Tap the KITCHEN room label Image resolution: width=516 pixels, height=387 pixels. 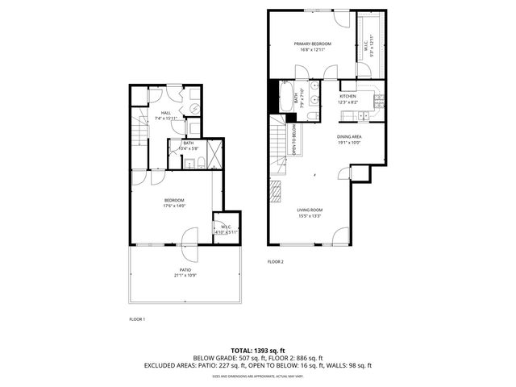click(x=347, y=96)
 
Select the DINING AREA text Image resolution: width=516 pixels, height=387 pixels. click(x=348, y=137)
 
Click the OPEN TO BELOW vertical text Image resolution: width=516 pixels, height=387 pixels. click(x=293, y=138)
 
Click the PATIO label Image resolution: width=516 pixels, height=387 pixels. click(x=185, y=270)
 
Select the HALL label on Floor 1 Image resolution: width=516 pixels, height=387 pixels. click(x=165, y=113)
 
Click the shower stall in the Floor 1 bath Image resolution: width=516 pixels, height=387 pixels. click(x=214, y=152)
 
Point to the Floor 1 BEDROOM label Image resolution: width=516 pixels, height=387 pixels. click(x=174, y=200)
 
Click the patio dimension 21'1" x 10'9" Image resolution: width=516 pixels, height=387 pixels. click(x=185, y=276)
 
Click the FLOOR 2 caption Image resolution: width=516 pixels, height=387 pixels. click(x=276, y=262)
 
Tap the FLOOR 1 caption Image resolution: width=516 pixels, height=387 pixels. click(x=137, y=319)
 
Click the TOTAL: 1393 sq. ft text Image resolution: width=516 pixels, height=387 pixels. click(x=257, y=350)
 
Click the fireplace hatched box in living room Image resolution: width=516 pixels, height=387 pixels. click(x=276, y=193)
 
